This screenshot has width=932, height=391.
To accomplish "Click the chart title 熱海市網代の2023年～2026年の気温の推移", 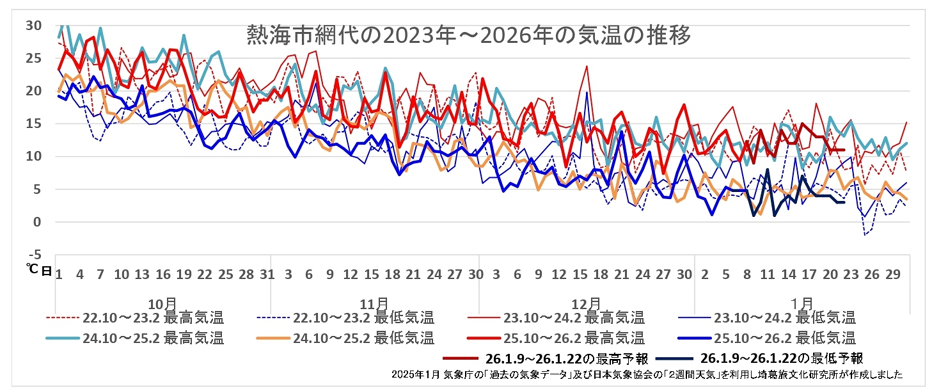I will click(468, 36).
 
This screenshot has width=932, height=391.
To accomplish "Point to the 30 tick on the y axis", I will click(33, 26).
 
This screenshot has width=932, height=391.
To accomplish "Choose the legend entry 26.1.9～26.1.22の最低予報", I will click(782, 358).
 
